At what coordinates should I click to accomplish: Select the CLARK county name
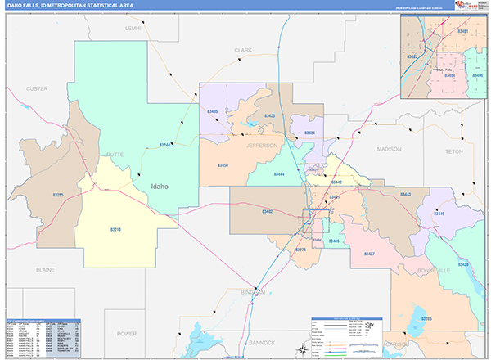(x=243, y=50)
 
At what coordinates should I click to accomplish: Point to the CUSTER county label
(x=37, y=88)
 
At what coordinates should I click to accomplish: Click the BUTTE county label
(x=90, y=154)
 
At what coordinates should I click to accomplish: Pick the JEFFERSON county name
(x=262, y=145)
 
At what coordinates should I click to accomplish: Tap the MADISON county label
(x=390, y=149)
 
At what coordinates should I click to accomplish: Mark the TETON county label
(x=454, y=151)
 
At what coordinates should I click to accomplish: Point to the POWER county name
(x=127, y=334)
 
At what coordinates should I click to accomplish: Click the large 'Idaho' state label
(x=159, y=186)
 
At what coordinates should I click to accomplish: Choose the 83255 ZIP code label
(x=57, y=195)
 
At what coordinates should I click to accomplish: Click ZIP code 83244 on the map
(x=164, y=146)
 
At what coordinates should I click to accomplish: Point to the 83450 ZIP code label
(x=223, y=165)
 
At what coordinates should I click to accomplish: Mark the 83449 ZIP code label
(x=439, y=213)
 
